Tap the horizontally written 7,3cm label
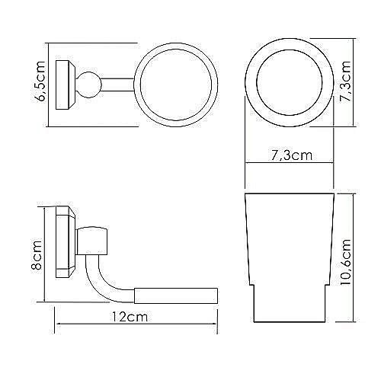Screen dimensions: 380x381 point(290,156)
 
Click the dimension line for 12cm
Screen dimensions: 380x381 point(137,329)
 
